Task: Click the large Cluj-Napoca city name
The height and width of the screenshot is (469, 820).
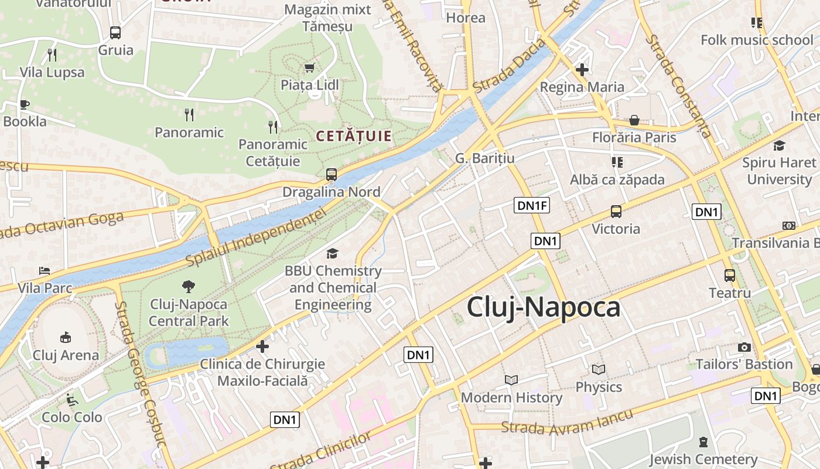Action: point(543,308)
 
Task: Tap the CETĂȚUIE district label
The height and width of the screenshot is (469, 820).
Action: point(354,137)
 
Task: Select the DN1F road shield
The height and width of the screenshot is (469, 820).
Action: point(532,205)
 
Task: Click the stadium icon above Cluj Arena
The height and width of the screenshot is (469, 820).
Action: point(66,337)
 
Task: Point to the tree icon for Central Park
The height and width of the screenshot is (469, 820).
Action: point(188,286)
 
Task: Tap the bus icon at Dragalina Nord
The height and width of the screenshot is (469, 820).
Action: point(332,174)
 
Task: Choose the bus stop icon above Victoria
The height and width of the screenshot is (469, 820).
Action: point(616,211)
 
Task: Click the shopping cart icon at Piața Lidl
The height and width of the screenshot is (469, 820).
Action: point(309,67)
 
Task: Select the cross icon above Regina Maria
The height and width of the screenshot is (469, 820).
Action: point(582,70)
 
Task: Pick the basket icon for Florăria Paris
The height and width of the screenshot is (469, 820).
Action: point(634,120)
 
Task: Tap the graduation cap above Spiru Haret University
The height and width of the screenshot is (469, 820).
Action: point(778,145)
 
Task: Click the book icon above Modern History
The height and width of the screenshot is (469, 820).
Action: point(511,380)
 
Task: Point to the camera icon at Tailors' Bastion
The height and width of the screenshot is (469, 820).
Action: point(744,347)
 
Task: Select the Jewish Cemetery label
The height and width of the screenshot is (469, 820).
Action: point(703,459)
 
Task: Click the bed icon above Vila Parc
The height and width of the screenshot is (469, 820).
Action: point(45,270)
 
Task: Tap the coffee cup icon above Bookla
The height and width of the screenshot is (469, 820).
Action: point(24,104)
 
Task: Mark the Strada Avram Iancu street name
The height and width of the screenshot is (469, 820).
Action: point(568,424)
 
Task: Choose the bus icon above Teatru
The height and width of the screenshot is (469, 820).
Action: point(729,275)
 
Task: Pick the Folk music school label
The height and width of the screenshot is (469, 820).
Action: point(757,40)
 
